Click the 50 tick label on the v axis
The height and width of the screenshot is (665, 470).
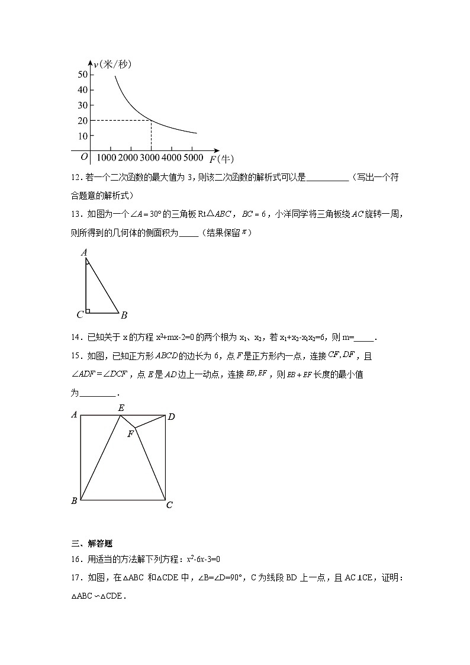click(82, 74)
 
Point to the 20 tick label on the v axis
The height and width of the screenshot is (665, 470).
click(82, 120)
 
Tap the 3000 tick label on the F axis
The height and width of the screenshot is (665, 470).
click(150, 158)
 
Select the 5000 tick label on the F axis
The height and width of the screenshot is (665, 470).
click(193, 158)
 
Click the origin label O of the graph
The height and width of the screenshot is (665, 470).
click(84, 156)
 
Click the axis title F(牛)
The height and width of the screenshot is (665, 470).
click(221, 159)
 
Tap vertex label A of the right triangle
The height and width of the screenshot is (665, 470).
click(84, 253)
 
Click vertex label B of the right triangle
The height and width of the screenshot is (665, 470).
click(124, 314)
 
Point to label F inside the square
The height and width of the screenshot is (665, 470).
click(130, 434)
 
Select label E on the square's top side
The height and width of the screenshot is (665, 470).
click(121, 407)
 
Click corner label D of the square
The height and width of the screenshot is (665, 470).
click(171, 417)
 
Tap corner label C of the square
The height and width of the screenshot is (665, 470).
click(169, 505)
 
